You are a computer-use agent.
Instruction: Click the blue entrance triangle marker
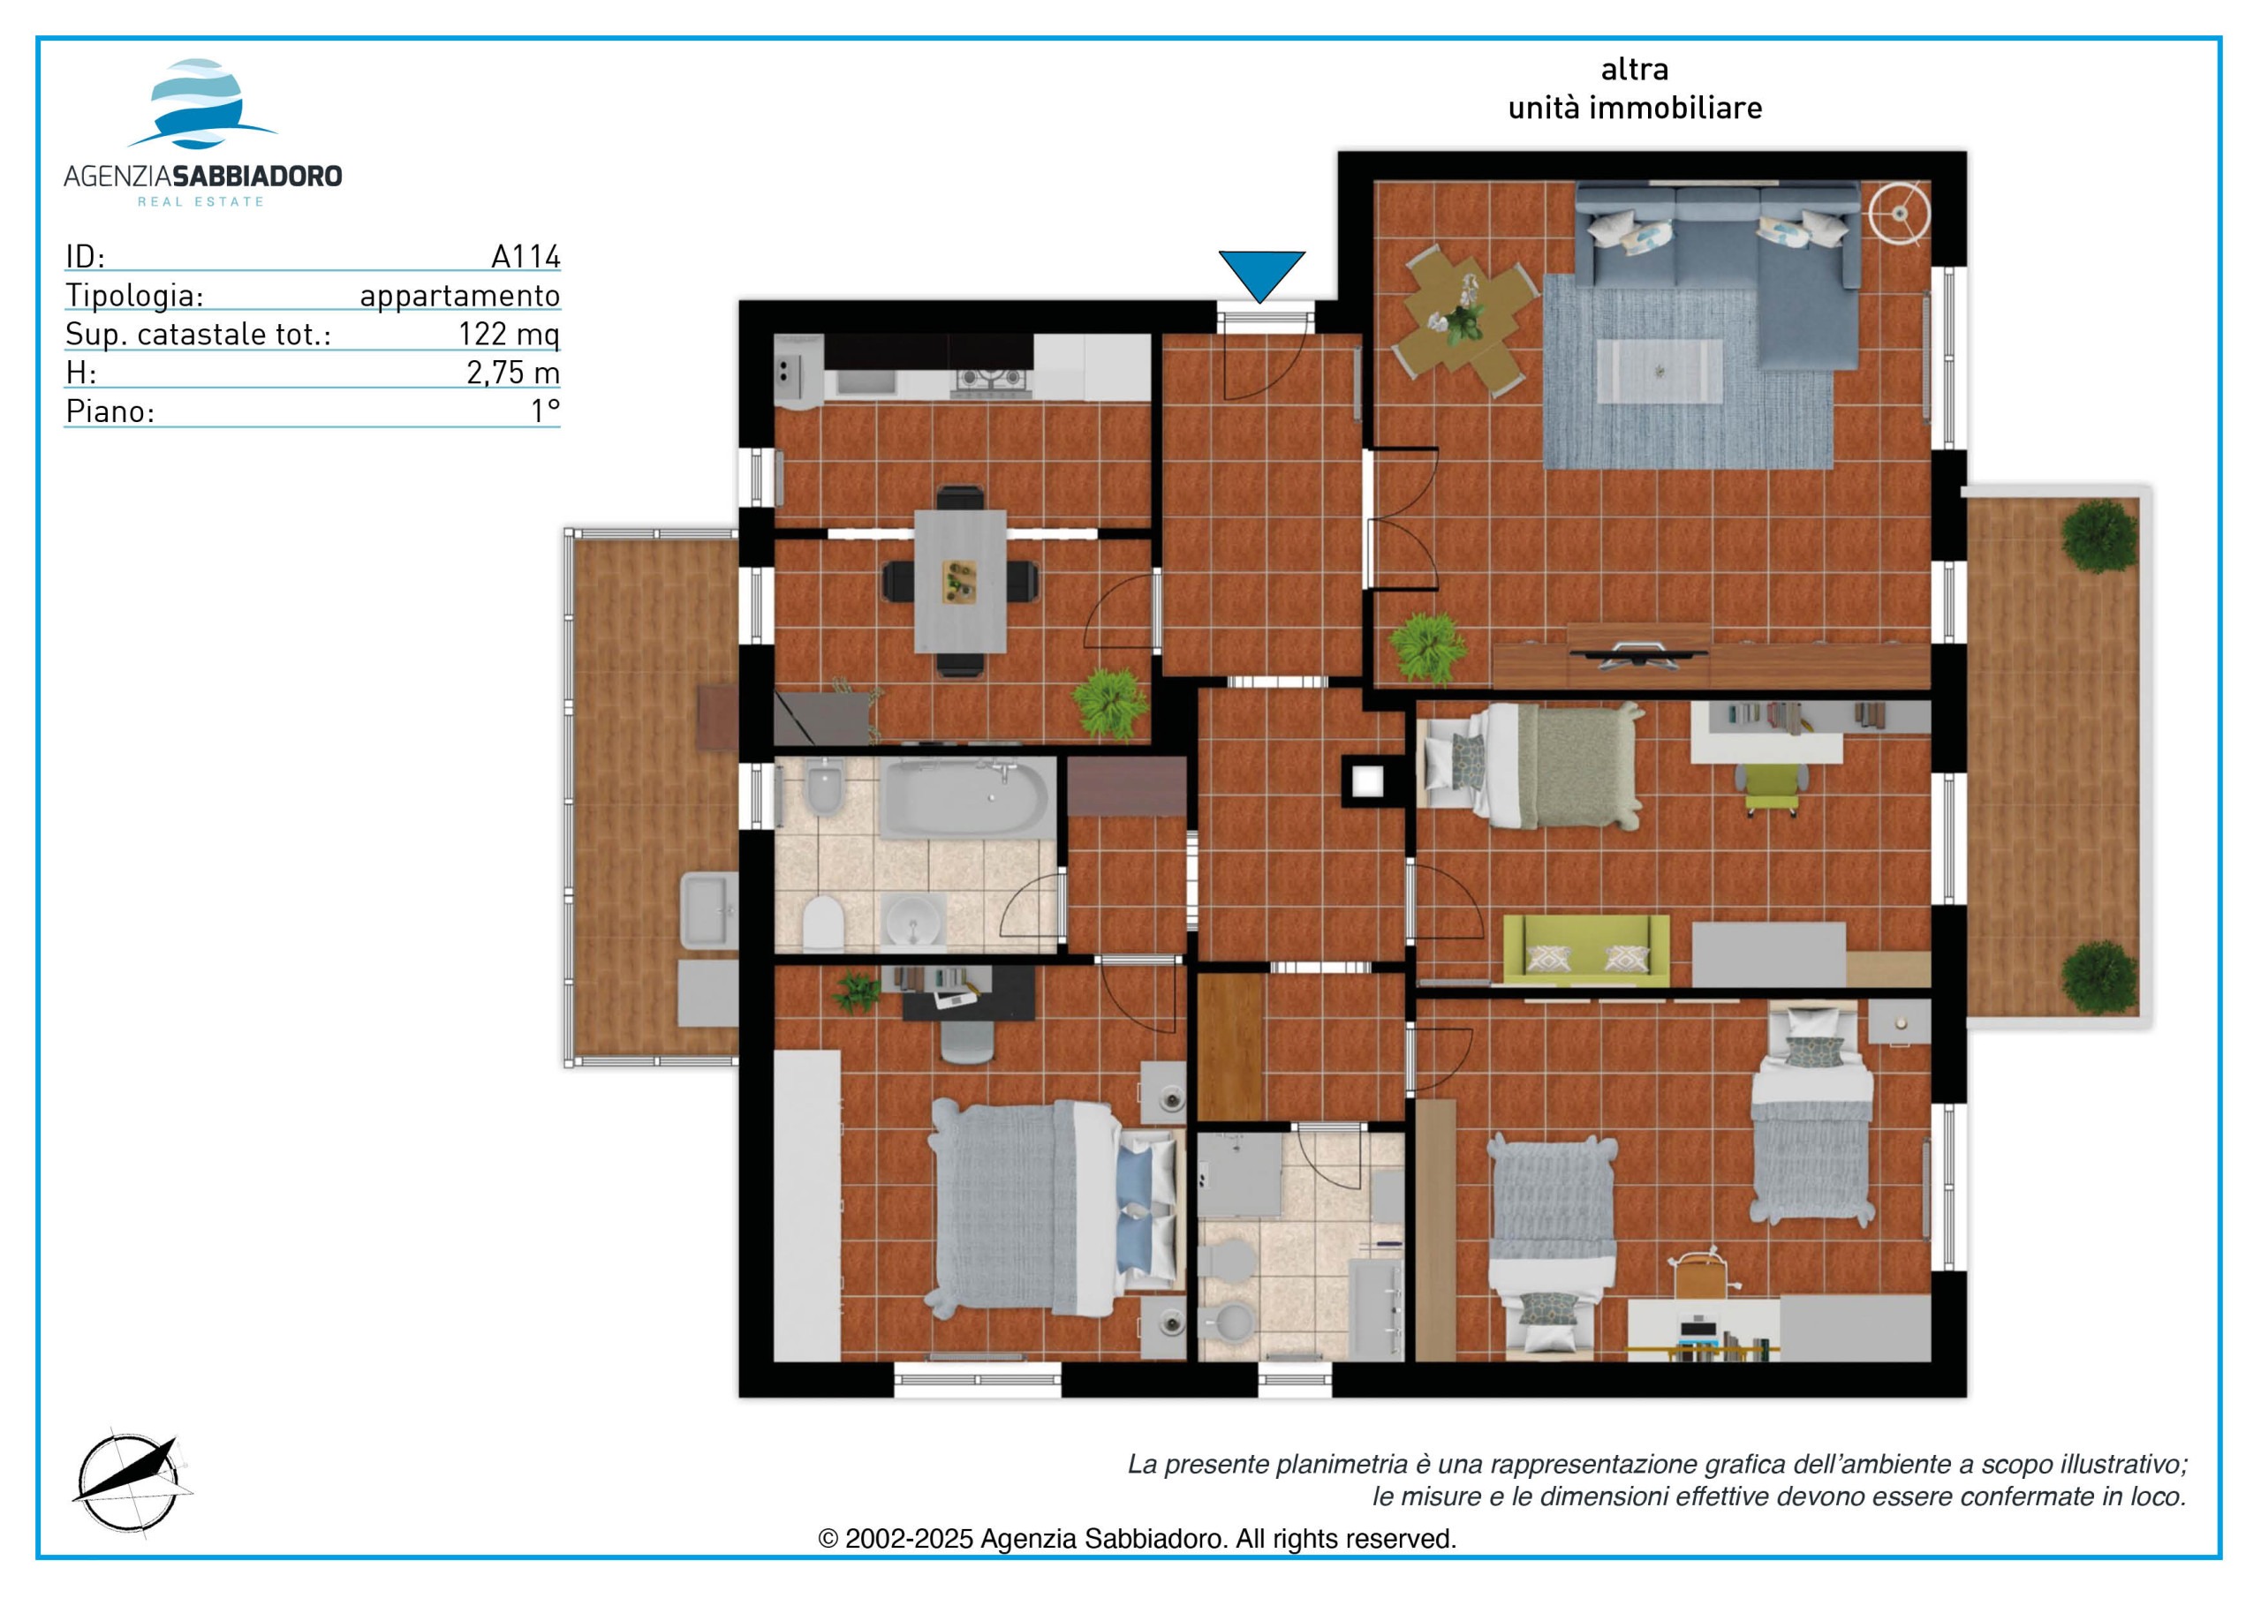pyautogui.click(x=1261, y=274)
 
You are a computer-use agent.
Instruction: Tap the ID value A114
pyautogui.click(x=526, y=257)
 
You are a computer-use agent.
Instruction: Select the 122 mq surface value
pyautogui.click(x=509, y=334)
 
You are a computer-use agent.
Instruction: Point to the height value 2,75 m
pyautogui.click(x=513, y=373)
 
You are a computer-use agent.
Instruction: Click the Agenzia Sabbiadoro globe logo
pyautogui.click(x=202, y=103)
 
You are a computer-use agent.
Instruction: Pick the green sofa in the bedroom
pyautogui.click(x=1586, y=950)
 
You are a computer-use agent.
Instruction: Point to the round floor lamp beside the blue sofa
pyautogui.click(x=1900, y=212)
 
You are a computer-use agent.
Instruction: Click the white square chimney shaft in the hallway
pyautogui.click(x=1367, y=781)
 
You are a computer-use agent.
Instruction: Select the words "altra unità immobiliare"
pyautogui.click(x=1635, y=88)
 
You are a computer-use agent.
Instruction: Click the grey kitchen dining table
pyautogui.click(x=960, y=581)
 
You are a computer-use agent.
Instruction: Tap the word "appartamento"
pyautogui.click(x=460, y=296)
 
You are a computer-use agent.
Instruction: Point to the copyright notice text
pyautogui.click(x=1138, y=1539)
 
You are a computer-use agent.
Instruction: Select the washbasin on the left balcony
pyautogui.click(x=708, y=911)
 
